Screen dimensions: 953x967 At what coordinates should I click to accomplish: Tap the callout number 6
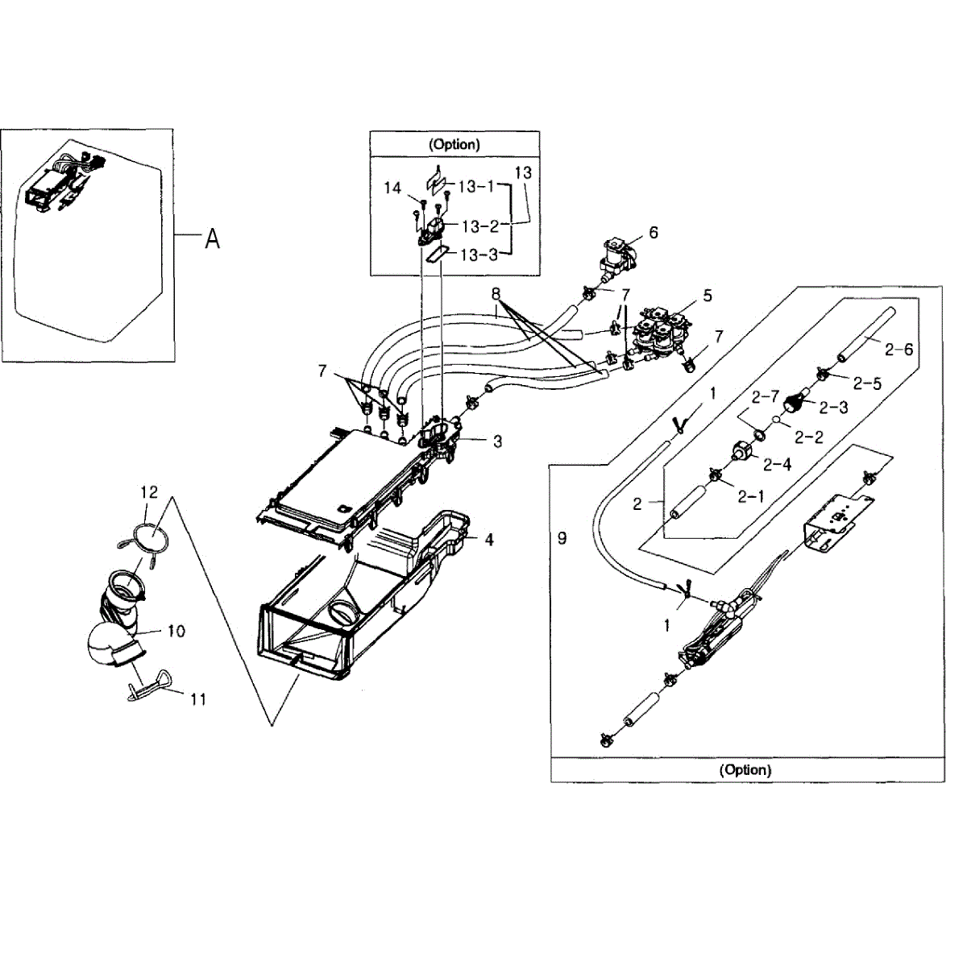tap(654, 233)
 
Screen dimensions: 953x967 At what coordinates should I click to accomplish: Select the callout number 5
tap(708, 296)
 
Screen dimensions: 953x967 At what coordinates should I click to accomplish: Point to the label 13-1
tap(477, 186)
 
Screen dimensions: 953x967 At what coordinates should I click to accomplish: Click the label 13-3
tap(479, 255)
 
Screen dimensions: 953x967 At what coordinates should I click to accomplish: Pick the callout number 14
tap(392, 188)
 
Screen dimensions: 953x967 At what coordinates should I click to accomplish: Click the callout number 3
tap(498, 441)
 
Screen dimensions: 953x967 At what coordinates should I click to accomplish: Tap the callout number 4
tap(489, 540)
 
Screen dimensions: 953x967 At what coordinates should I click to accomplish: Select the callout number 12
tap(149, 491)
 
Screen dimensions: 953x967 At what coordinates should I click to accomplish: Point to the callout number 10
tap(176, 631)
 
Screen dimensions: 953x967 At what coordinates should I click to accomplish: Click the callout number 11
tap(198, 699)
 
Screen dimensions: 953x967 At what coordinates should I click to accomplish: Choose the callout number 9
tap(562, 537)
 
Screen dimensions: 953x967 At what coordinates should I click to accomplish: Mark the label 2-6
tap(899, 349)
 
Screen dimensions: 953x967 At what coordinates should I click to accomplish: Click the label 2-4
tap(777, 464)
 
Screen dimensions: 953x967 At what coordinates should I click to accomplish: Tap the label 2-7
tap(765, 397)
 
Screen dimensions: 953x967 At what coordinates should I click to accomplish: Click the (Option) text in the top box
tap(454, 144)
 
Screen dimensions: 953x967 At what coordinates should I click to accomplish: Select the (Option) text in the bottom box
tap(745, 769)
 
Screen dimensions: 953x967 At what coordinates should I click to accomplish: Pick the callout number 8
tap(496, 295)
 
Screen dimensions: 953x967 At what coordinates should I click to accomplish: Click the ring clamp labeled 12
tap(147, 535)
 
